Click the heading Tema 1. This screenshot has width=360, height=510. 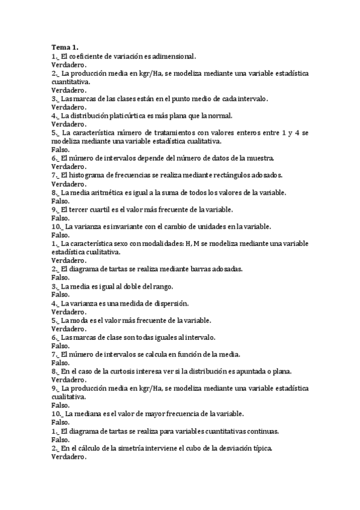64,47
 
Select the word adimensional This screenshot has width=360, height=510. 172,56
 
